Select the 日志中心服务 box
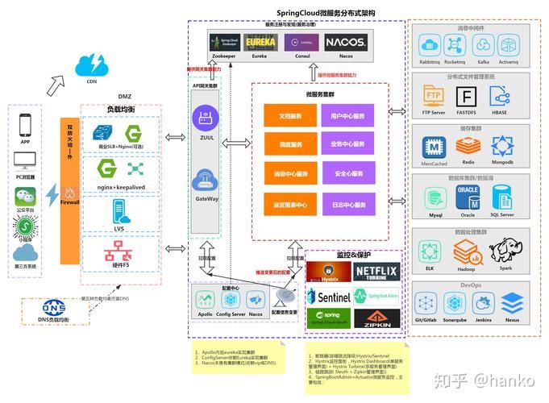(348, 204)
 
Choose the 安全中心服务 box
(348, 174)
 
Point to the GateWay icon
(207, 178)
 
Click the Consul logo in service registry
(302, 41)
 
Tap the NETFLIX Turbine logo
(376, 270)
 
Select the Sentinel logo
(329, 296)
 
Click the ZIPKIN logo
(376, 319)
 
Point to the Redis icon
(468, 146)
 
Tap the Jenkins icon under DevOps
(482, 303)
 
